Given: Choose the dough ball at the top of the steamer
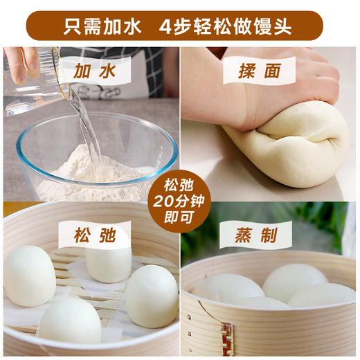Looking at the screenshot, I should (108, 260).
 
